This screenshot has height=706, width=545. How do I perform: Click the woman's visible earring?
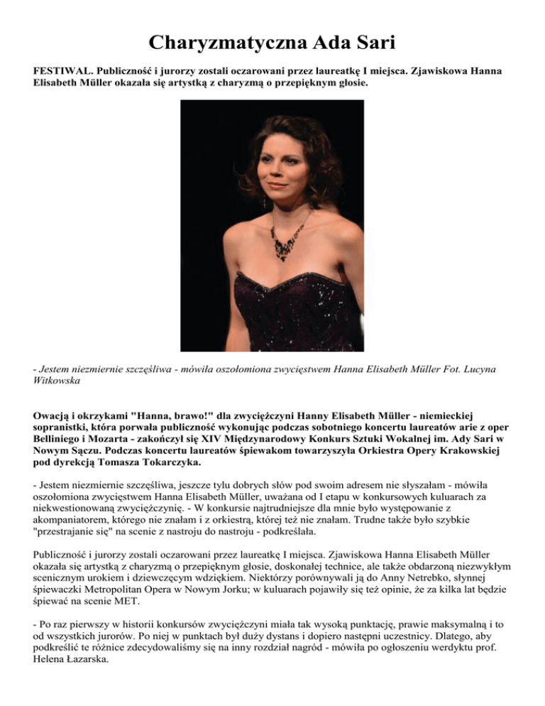[265, 201]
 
